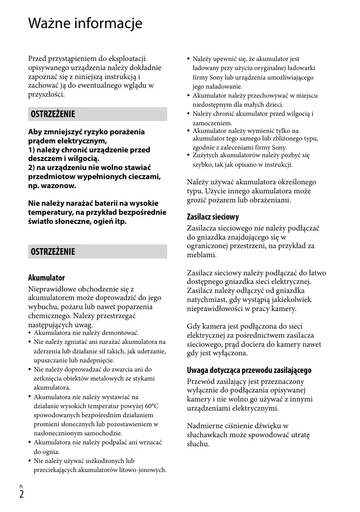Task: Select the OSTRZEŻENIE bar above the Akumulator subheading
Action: tap(98, 251)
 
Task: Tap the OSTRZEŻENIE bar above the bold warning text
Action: tap(98, 114)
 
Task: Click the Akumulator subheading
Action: tap(46, 278)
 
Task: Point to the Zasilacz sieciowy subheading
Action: tap(213, 217)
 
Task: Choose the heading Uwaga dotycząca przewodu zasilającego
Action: tap(249, 370)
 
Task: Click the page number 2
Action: tap(21, 494)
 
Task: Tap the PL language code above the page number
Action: tap(21, 486)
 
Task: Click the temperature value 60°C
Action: tap(151, 406)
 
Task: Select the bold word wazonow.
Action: tap(58, 185)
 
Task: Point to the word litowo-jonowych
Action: tap(143, 470)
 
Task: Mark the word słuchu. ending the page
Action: tap(198, 444)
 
